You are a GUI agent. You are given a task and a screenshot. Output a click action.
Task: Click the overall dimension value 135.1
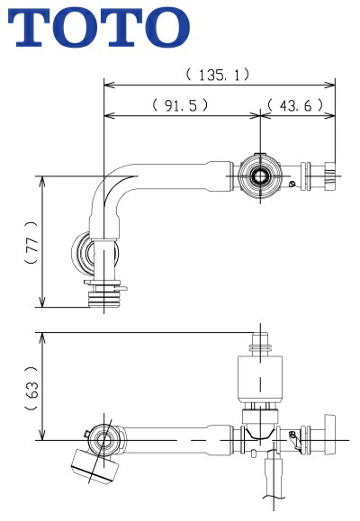[218, 75]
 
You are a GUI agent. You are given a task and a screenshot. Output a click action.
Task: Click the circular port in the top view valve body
[261, 174]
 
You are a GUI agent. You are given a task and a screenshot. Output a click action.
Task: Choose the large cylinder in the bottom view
[258, 379]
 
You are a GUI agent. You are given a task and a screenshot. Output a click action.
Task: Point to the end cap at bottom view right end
[328, 441]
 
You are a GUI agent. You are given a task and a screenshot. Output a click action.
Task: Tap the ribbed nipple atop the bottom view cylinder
[260, 343]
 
